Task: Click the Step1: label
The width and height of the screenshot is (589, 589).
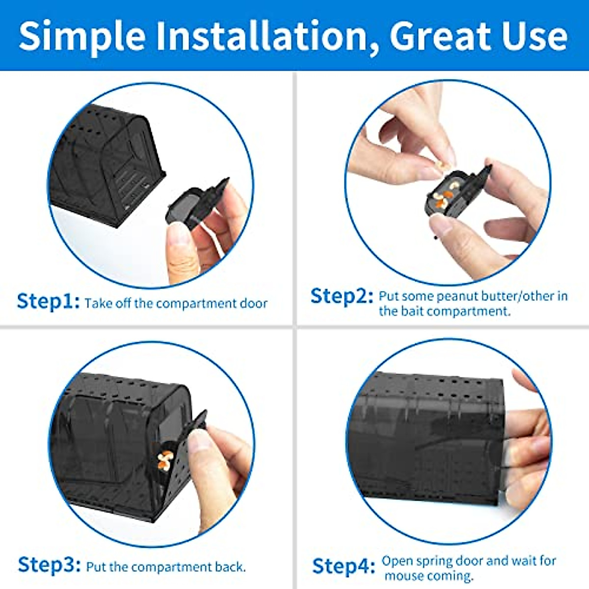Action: click(48, 301)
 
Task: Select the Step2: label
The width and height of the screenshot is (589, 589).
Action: click(342, 296)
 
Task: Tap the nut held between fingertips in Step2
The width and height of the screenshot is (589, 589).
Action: click(443, 165)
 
